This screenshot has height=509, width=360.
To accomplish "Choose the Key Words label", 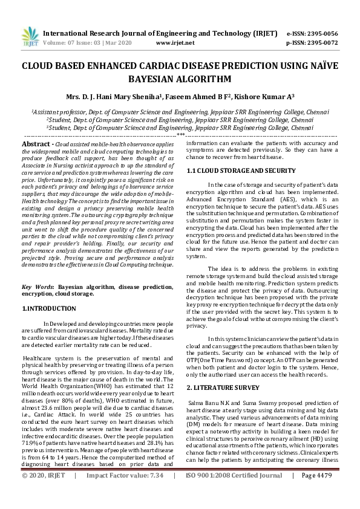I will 38,286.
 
